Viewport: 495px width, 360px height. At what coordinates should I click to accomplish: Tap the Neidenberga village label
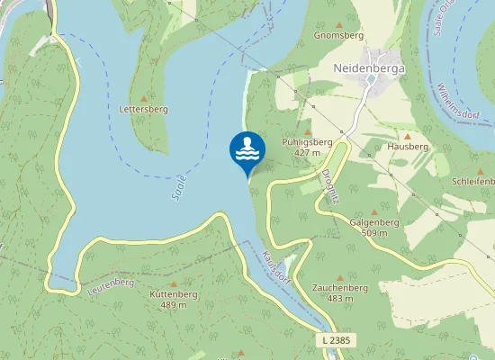[x=369, y=67]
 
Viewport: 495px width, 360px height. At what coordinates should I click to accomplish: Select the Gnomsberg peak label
[x=338, y=36]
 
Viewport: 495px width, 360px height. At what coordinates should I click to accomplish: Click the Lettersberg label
[x=144, y=109]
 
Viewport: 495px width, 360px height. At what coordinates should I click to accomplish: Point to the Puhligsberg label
[x=307, y=142]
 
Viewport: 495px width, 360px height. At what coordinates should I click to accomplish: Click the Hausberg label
[x=407, y=146]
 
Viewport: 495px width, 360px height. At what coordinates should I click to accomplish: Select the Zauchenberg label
[x=339, y=287]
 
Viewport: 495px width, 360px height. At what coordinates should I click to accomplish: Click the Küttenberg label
[x=173, y=294]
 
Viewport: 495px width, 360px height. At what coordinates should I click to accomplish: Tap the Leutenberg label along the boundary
[x=112, y=288]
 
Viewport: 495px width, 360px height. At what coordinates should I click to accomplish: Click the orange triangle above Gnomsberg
[x=338, y=24]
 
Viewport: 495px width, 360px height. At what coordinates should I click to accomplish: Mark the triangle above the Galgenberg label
[x=374, y=211]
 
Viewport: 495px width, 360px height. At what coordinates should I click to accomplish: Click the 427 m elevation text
[x=307, y=153]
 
